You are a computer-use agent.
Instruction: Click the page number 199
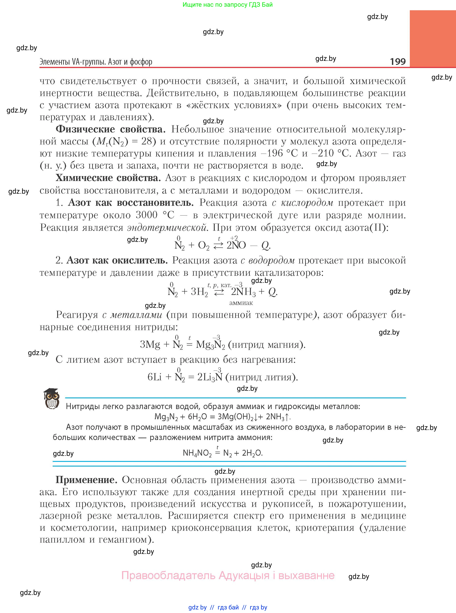click(398, 61)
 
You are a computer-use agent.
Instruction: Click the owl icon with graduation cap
click(51, 399)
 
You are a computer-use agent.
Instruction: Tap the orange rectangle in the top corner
click(433, 39)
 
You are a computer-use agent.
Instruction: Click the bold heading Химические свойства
click(108, 178)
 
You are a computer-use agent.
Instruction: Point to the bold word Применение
click(86, 480)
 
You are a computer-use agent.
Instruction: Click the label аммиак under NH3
click(241, 303)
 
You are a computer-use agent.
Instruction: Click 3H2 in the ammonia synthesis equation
click(199, 292)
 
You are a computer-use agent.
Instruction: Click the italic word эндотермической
click(167, 227)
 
